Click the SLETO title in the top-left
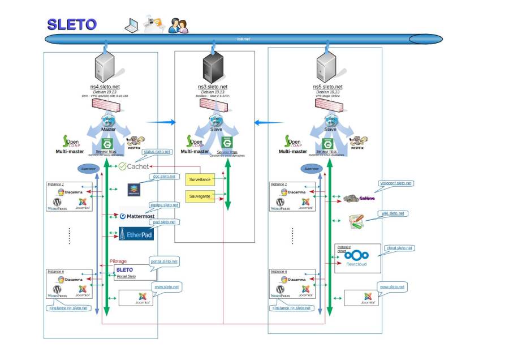71,24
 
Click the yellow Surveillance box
200,179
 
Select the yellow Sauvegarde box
200,197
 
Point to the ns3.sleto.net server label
213,87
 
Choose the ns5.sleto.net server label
327,87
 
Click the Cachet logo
133,166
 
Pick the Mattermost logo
137,216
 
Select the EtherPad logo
136,233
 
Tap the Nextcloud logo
357,259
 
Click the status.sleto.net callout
157,152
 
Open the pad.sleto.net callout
164,222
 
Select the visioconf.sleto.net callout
396,183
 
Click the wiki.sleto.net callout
392,213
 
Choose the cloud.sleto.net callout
399,248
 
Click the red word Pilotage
118,261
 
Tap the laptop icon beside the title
131,24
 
